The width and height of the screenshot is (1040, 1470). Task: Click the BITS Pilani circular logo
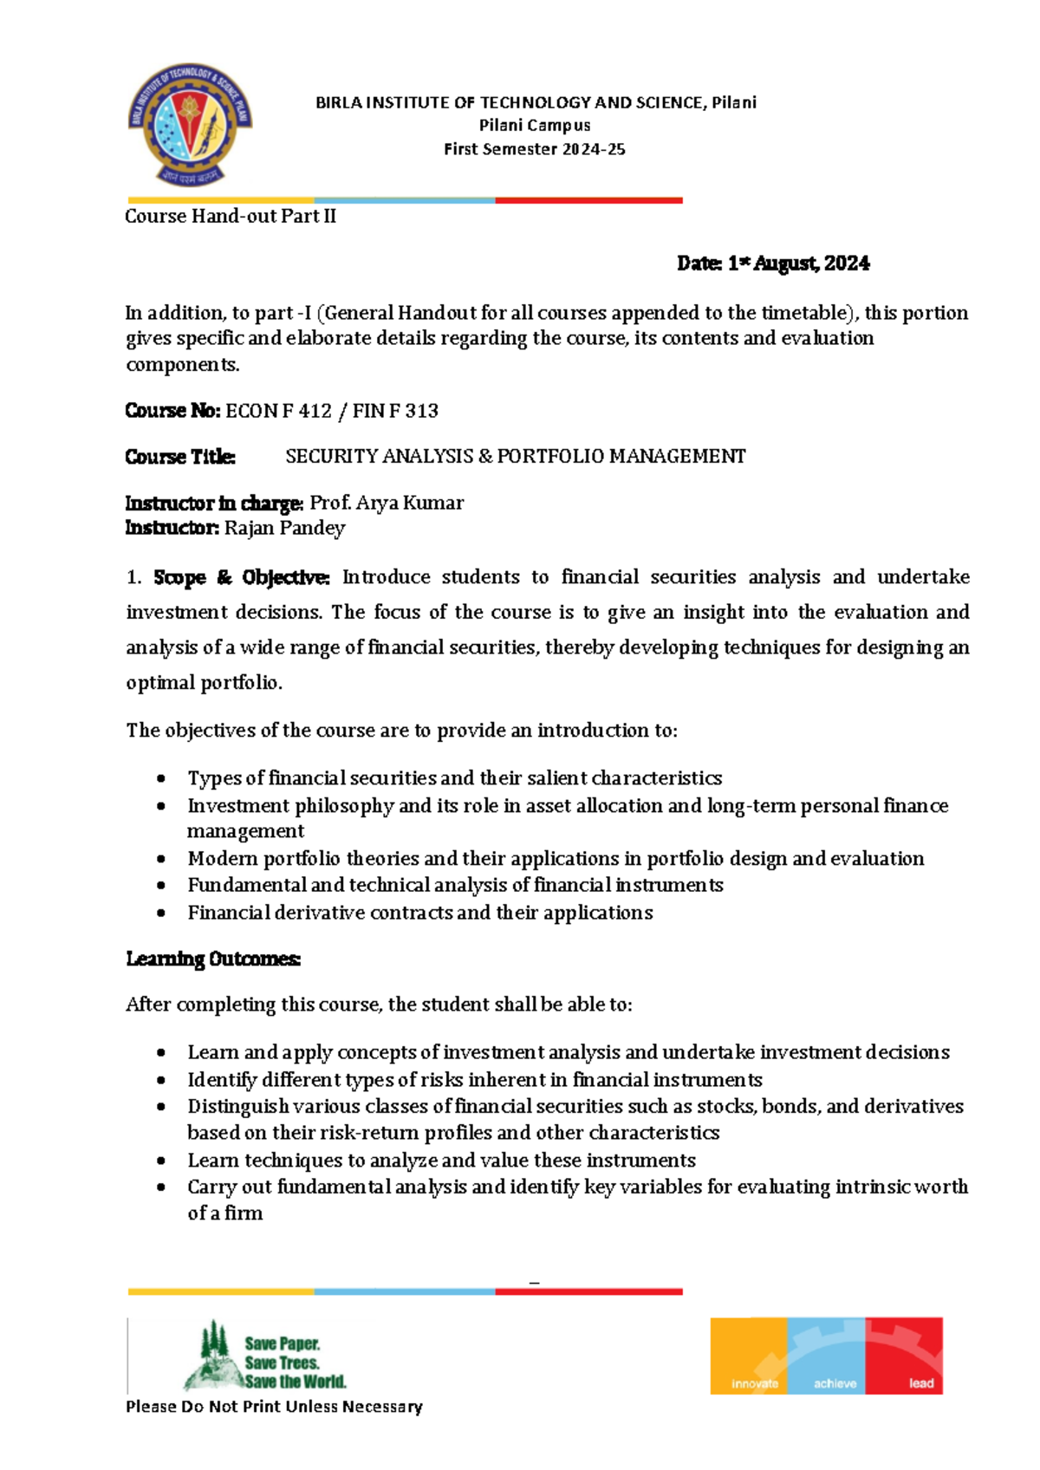191,125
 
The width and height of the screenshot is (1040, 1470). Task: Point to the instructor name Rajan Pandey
284,528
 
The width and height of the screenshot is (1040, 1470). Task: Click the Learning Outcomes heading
213,959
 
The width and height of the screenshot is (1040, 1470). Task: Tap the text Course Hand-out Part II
231,217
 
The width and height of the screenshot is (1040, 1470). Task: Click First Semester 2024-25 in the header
535,149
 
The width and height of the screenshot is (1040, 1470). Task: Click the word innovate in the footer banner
754,1383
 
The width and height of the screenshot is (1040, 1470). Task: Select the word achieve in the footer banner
835,1383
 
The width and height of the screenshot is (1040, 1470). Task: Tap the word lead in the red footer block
920,1383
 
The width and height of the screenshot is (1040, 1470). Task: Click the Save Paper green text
283,1343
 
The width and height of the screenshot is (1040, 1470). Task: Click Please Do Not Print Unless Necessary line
274,1407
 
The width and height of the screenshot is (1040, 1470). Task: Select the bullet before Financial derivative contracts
161,913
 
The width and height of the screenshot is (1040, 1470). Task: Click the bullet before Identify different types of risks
161,1080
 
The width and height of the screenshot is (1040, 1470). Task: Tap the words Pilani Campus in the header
535,126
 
